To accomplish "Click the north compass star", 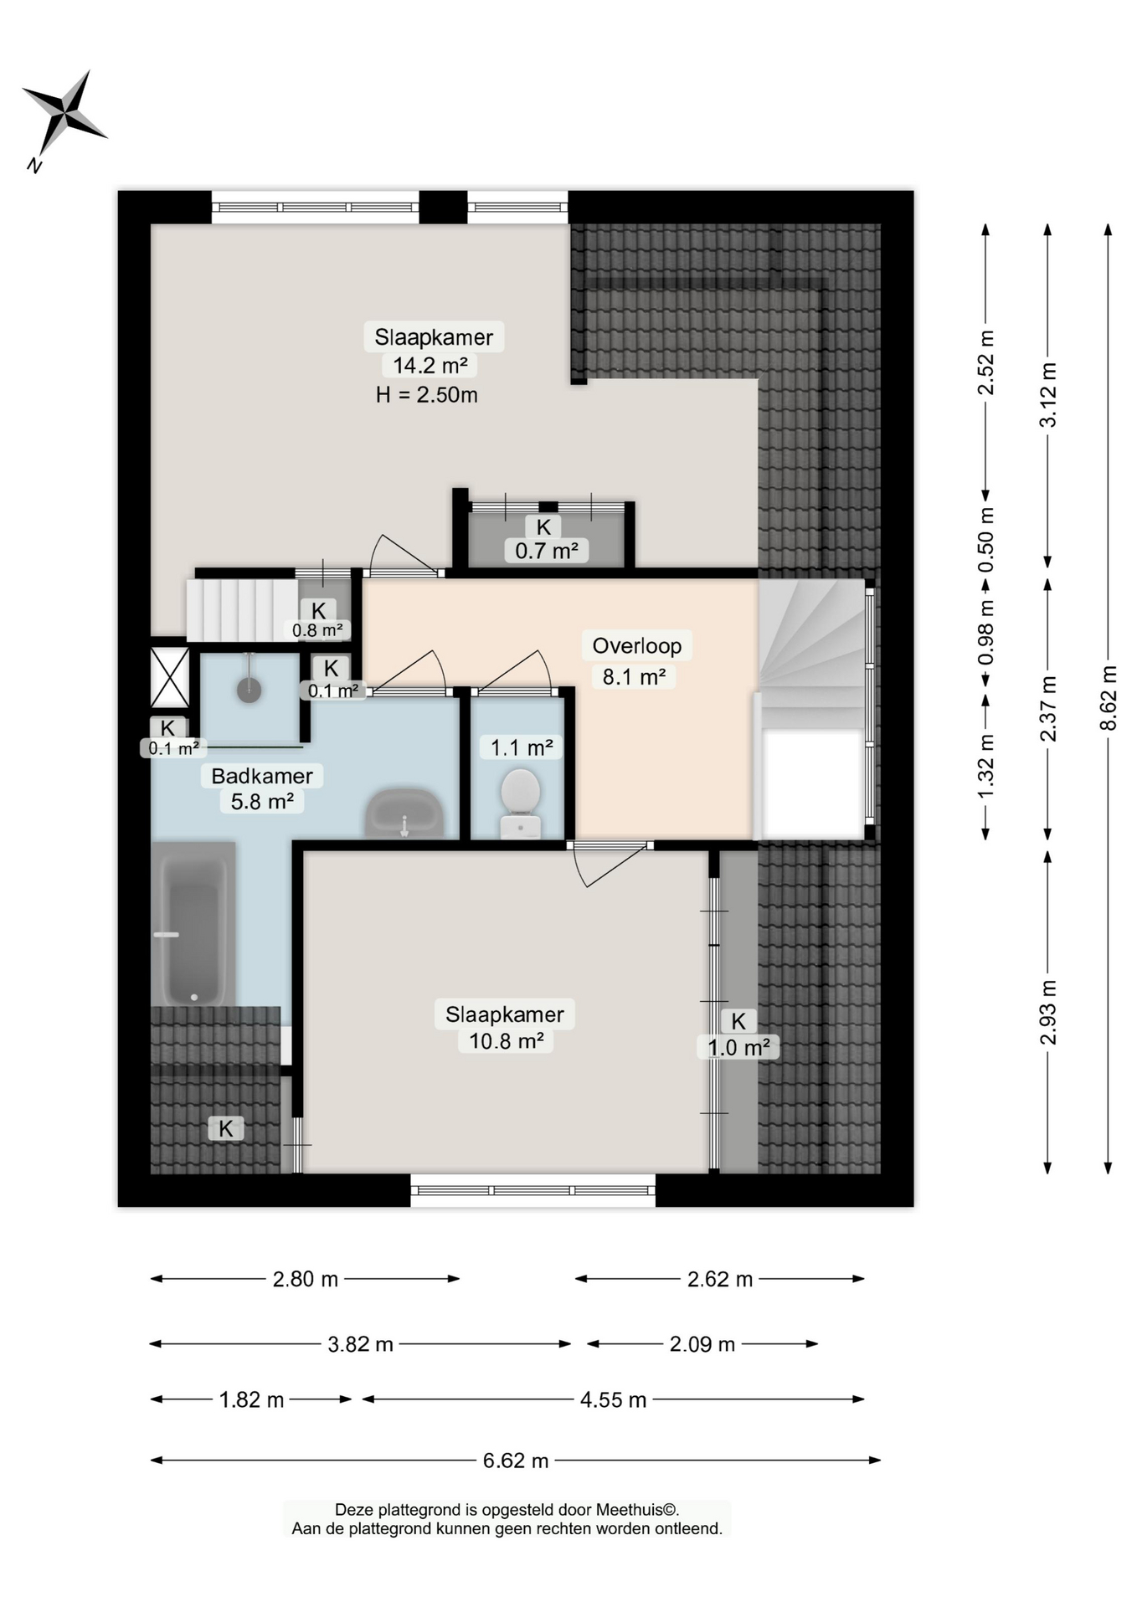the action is (x=64, y=114).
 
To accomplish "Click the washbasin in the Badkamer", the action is (x=404, y=813).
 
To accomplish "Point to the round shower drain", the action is (x=249, y=691).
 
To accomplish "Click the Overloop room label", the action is (x=637, y=645).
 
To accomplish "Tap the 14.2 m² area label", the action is (x=430, y=365).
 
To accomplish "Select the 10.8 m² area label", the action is (x=506, y=1040).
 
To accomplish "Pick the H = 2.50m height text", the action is (x=426, y=394).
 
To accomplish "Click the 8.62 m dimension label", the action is (x=1109, y=698).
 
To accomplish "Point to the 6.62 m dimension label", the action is (x=516, y=1461).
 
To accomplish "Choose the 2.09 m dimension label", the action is (x=702, y=1344).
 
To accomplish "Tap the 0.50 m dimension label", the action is (x=986, y=540).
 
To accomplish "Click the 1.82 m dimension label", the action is (x=251, y=1399).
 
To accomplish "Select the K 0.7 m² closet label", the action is (x=545, y=538).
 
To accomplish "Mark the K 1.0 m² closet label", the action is (x=738, y=1035).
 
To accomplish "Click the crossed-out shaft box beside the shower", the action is (x=169, y=677).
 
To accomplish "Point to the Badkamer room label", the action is (x=262, y=776).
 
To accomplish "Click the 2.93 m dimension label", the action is (x=1047, y=1012).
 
